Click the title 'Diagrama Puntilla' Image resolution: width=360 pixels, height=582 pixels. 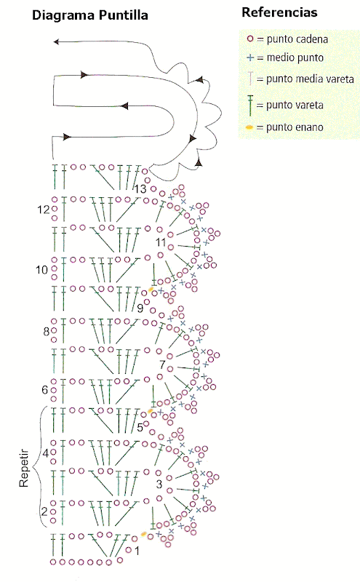pyautogui.click(x=90, y=15)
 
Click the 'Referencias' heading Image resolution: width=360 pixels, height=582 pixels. pyautogui.click(x=279, y=12)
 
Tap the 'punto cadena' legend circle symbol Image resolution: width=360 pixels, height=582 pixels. pyautogui.click(x=250, y=39)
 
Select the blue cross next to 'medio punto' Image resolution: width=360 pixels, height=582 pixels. pyautogui.click(x=250, y=57)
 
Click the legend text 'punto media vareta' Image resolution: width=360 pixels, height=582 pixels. pyautogui.click(x=310, y=79)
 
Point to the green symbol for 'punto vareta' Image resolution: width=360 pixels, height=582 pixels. pyautogui.click(x=250, y=105)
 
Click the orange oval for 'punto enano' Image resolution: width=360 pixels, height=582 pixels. pyautogui.click(x=249, y=127)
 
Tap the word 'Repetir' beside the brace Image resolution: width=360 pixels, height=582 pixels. pyautogui.click(x=24, y=468)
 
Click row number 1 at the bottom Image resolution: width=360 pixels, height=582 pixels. pyautogui.click(x=137, y=551)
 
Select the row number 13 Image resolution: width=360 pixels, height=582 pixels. pyautogui.click(x=140, y=189)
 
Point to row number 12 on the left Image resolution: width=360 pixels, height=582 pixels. pyautogui.click(x=44, y=210)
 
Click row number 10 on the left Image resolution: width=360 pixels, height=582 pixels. pyautogui.click(x=42, y=269)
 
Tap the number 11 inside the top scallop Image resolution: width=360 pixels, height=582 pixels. pyautogui.click(x=161, y=242)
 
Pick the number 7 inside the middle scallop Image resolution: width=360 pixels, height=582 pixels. pyautogui.click(x=162, y=364)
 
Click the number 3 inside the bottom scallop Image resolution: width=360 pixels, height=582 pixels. pyautogui.click(x=159, y=484)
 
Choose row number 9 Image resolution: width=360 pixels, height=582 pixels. pyautogui.click(x=140, y=308)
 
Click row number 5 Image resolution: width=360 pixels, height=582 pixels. pyautogui.click(x=140, y=428)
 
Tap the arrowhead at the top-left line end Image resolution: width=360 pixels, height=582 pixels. pyautogui.click(x=56, y=41)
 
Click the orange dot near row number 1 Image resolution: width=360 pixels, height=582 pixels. pyautogui.click(x=143, y=534)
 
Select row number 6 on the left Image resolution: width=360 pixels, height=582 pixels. pyautogui.click(x=45, y=390)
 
